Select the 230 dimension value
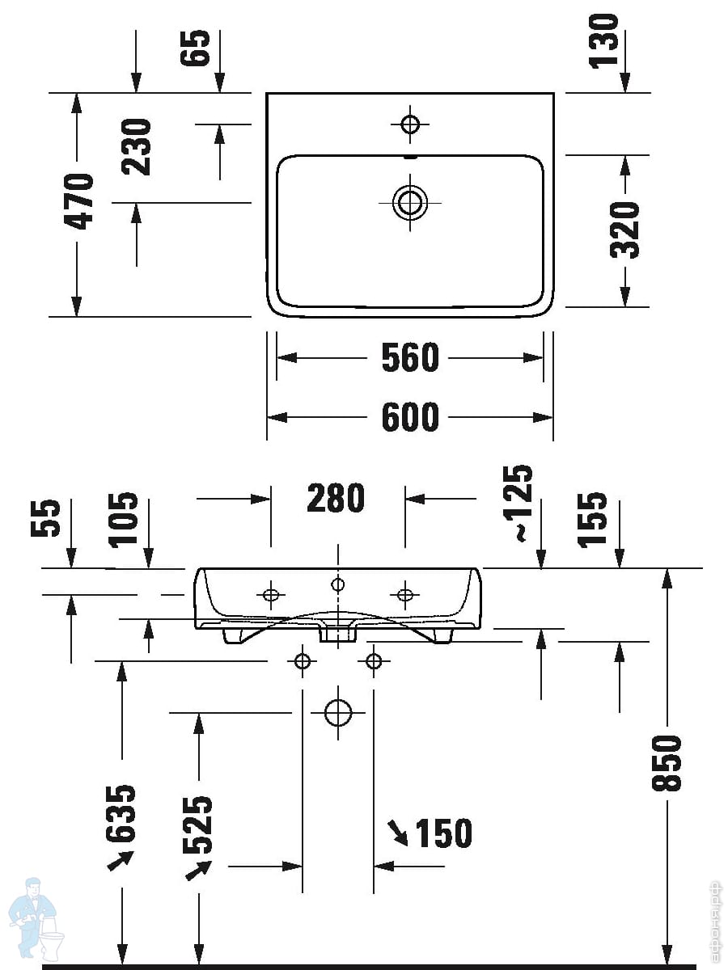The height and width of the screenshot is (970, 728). pos(137,147)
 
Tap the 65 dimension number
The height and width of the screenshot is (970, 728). pos(197,49)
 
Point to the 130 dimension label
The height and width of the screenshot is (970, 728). pos(603,41)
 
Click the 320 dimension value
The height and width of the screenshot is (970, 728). pos(624,230)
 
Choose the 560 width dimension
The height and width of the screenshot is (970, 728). pos(410,358)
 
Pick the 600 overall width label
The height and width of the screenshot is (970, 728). pos(410,417)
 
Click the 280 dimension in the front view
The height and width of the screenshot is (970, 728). pos(336,499)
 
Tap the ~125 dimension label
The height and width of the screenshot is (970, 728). pos(520,503)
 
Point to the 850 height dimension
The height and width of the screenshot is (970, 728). pos(668,762)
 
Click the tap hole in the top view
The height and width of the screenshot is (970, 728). pos(410,124)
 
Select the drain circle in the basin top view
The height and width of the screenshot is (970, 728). pos(410,202)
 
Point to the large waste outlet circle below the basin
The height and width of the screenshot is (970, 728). pos(338,713)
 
